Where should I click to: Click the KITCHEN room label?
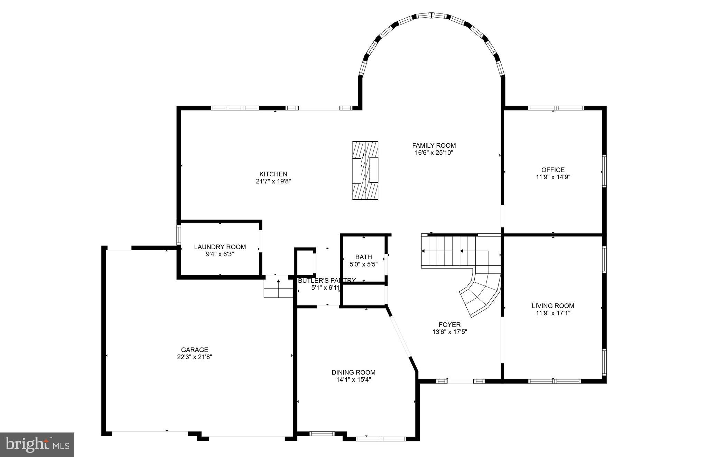click(x=273, y=174)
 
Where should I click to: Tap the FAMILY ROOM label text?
click(x=434, y=145)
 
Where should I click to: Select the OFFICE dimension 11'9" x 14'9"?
click(x=553, y=177)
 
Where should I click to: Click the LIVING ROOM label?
click(x=553, y=305)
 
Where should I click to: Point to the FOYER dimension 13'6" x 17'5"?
click(x=449, y=332)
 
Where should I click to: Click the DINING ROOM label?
click(x=353, y=372)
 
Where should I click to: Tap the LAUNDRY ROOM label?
click(x=220, y=247)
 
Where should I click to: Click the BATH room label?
click(x=363, y=257)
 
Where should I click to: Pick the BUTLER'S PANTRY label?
click(x=326, y=280)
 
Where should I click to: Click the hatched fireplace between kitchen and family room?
click(x=365, y=170)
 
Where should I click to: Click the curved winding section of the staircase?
click(x=481, y=293)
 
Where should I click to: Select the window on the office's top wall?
click(x=556, y=108)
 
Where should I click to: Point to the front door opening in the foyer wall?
click(x=460, y=381)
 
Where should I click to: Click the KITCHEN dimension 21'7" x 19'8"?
click(x=273, y=182)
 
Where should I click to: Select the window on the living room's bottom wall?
click(x=555, y=381)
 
